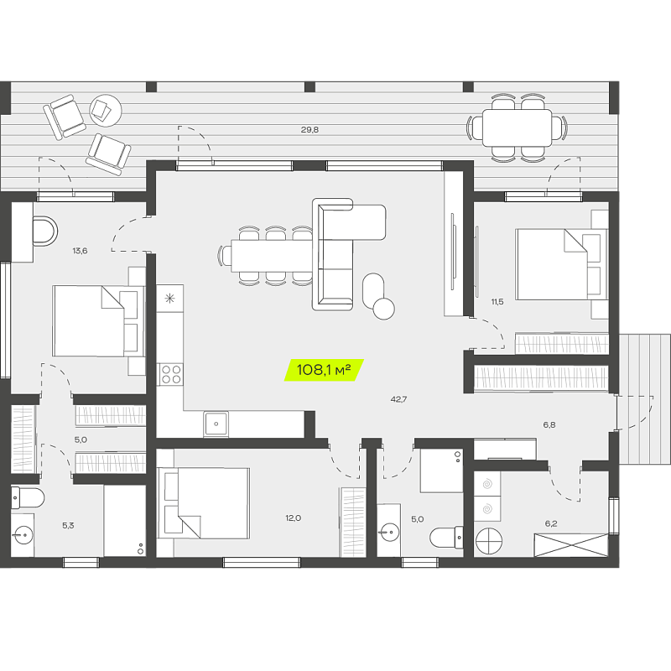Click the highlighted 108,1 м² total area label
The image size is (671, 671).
(x=324, y=370)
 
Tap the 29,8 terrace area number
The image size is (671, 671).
(x=309, y=130)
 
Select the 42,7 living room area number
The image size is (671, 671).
(x=398, y=399)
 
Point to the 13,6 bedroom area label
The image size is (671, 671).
(x=80, y=251)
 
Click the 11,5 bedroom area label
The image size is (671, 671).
(x=497, y=302)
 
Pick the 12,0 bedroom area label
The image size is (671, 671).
(x=293, y=518)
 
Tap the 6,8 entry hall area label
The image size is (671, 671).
(x=549, y=425)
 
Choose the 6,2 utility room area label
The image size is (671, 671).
(x=551, y=523)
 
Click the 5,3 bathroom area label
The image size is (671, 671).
(x=68, y=526)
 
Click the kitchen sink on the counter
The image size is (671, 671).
(x=216, y=424)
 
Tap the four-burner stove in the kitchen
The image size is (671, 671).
(x=170, y=374)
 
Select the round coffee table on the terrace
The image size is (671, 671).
(x=106, y=111)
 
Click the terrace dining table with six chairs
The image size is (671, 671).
(x=517, y=128)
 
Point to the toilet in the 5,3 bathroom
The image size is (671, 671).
(x=28, y=498)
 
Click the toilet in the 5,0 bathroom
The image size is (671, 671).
(x=446, y=538)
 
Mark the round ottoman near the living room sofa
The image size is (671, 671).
(x=384, y=309)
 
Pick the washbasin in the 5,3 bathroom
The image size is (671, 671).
(x=23, y=535)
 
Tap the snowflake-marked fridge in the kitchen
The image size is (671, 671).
(x=170, y=299)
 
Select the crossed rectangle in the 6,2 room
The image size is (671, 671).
(x=571, y=545)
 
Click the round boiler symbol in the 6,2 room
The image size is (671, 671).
(x=489, y=541)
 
